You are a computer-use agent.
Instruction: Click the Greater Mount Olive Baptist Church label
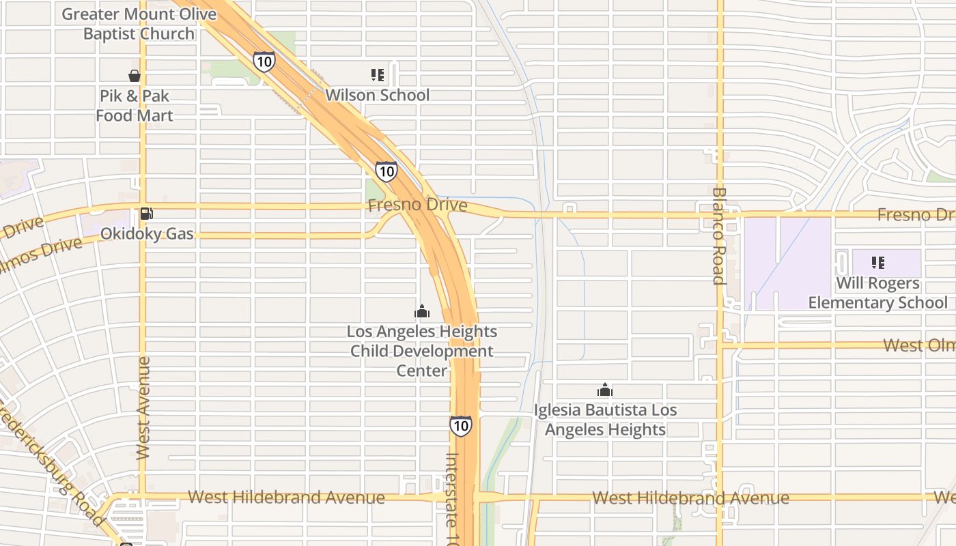(139, 24)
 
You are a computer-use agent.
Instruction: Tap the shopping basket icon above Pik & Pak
(135, 76)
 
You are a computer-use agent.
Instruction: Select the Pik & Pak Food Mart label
(135, 106)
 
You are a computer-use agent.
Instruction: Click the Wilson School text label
(377, 95)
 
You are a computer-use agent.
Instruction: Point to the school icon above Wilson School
(378, 74)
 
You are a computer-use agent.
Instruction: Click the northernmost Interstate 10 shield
(264, 61)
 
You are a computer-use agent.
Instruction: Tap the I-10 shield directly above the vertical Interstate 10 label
(461, 426)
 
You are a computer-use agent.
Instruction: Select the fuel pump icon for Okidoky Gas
(146, 214)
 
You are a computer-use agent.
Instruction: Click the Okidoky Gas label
(147, 234)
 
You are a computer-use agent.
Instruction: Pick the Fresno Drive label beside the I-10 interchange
(417, 205)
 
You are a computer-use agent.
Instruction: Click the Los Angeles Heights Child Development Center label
(422, 351)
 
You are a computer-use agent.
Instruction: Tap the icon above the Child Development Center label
(422, 312)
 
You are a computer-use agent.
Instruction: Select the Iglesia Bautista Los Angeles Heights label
(605, 420)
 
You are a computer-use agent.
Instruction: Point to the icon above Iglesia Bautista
(604, 390)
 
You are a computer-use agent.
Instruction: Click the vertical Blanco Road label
(718, 235)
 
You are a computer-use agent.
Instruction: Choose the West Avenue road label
(143, 407)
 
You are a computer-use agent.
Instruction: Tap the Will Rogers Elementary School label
(877, 293)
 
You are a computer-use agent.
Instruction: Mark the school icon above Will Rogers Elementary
(877, 263)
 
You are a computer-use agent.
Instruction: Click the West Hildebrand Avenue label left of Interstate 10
(286, 498)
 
